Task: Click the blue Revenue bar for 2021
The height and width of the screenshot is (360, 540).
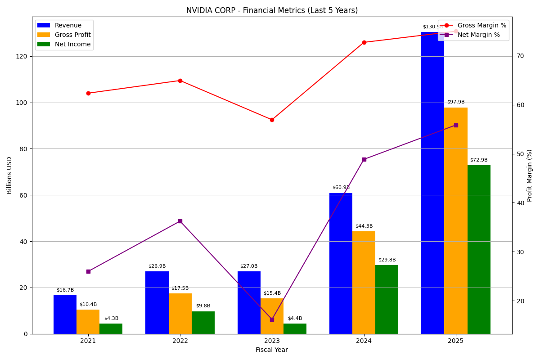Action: click(65, 315)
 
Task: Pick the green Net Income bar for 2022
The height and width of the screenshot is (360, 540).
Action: click(203, 323)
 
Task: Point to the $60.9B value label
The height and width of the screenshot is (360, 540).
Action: click(341, 188)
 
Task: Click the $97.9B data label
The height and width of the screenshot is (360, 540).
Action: click(455, 102)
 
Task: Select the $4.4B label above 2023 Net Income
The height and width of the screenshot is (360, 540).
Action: click(295, 319)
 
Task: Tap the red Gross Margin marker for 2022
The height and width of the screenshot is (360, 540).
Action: click(180, 81)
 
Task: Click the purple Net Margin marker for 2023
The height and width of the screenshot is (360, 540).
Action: click(272, 319)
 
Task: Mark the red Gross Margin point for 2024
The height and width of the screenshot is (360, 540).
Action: click(364, 42)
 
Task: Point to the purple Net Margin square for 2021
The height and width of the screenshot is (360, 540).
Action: click(88, 271)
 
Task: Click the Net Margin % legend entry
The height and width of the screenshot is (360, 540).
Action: click(478, 35)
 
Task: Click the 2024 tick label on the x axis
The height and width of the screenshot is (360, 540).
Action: click(364, 341)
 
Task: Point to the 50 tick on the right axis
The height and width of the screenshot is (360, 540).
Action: click(520, 154)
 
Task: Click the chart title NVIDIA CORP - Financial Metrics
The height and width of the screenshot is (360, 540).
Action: click(272, 10)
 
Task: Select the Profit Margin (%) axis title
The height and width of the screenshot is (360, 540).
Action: click(530, 175)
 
